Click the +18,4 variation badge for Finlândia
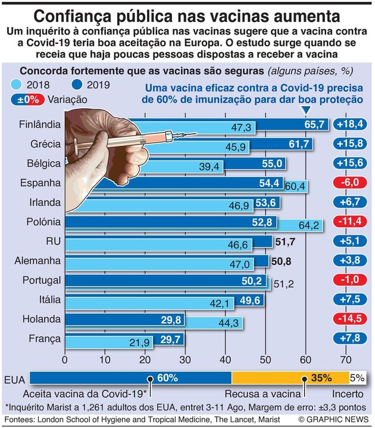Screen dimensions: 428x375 pyautogui.click(x=351, y=125)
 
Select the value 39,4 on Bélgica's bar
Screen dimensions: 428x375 pyautogui.click(x=209, y=167)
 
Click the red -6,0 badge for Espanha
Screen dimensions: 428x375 pyautogui.click(x=351, y=183)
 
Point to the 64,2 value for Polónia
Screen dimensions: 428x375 pyautogui.click(x=310, y=225)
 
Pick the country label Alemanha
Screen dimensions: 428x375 pyautogui.click(x=40, y=260)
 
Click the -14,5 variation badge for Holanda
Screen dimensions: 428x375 pyautogui.click(x=351, y=319)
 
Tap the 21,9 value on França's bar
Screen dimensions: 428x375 pyautogui.click(x=141, y=342)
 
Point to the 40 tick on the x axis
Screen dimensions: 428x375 pyautogui.click(x=226, y=359)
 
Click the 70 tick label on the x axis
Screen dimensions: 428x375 pyautogui.click(x=346, y=359)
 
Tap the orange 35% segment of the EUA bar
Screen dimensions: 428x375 pyautogui.click(x=290, y=377)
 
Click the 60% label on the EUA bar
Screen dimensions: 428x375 pyautogui.click(x=168, y=377)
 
